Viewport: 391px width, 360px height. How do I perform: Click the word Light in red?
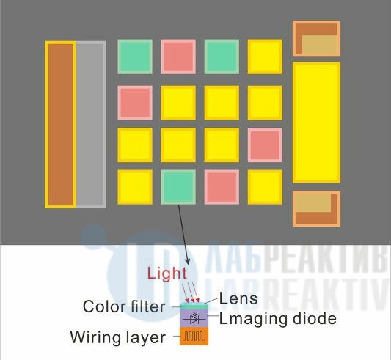pos(167,273)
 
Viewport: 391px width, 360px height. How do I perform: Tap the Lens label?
pos(238,298)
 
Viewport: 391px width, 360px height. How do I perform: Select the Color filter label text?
pos(124,306)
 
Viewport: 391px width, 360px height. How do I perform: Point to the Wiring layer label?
pos(118,337)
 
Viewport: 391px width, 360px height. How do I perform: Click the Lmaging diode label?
pos(278,319)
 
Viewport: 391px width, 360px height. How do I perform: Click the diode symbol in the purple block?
pos(194,319)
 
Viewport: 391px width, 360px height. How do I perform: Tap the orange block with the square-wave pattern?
pos(194,336)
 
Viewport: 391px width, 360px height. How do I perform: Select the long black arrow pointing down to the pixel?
pos(184,235)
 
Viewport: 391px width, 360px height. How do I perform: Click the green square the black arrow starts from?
pos(178,187)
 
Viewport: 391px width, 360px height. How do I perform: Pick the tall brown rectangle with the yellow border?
pos(61,125)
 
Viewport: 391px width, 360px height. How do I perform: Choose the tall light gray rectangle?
pos(91,125)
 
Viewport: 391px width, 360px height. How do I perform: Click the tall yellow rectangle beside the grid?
pos(316,122)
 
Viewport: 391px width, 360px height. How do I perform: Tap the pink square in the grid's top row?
pos(178,56)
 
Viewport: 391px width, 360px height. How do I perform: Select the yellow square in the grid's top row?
pos(265,56)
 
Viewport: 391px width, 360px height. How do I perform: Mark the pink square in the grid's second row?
pos(135,103)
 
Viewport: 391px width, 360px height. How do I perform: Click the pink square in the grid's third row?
pos(265,145)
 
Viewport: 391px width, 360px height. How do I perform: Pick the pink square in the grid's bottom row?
pos(222,187)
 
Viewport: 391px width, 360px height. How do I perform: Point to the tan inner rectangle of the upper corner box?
pos(320,45)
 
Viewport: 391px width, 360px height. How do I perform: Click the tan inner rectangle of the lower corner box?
pos(313,203)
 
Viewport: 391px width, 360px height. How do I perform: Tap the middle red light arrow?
pos(191,293)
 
